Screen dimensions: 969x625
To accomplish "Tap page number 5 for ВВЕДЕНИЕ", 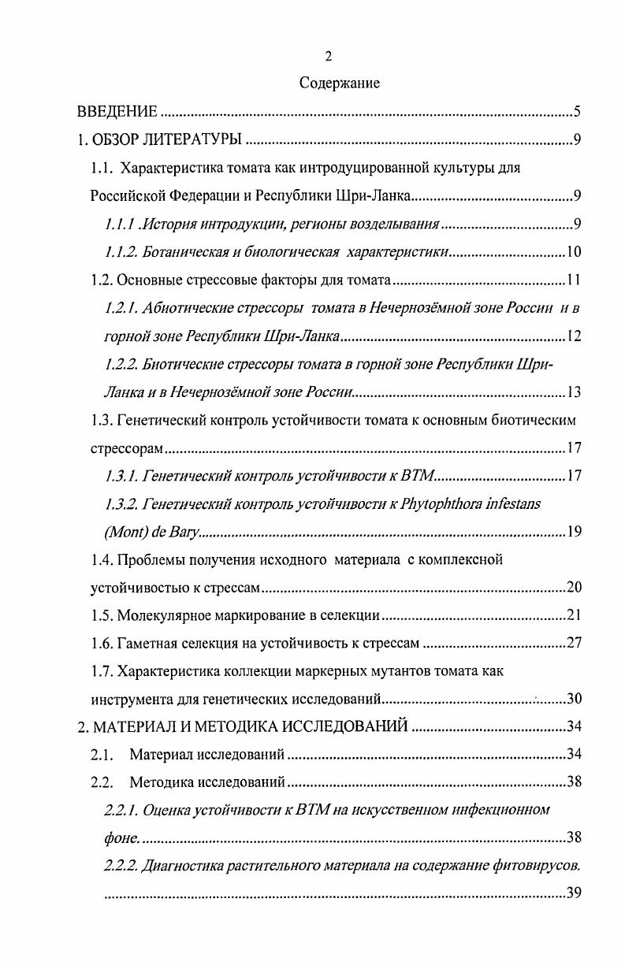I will coord(577,111).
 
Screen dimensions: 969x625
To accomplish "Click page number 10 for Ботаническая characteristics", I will coord(574,253).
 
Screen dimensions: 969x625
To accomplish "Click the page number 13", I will coord(574,392).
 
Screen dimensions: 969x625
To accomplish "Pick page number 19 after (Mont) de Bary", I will coord(574,532).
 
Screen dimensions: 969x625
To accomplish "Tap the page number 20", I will coord(574,587).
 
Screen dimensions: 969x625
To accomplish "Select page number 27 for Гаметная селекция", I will coord(574,643).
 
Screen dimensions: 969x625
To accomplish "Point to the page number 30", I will coord(574,699).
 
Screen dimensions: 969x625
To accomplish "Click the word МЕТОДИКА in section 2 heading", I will coord(264,726).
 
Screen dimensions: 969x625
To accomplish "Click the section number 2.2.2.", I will coord(121,867).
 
